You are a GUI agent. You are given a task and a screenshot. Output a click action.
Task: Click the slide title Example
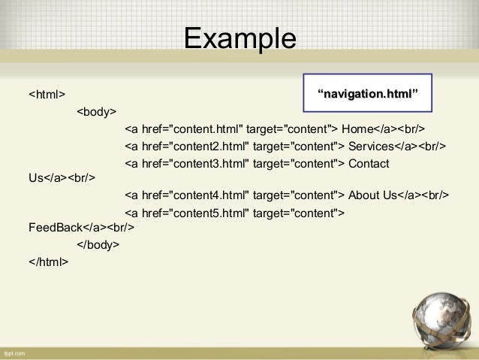point(239,37)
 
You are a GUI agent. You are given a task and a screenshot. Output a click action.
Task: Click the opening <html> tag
point(47,95)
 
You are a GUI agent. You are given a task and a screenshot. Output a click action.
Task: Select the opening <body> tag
point(96,112)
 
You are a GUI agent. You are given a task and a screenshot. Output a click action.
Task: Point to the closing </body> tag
point(98,245)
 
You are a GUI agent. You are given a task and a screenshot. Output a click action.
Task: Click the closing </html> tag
point(48,262)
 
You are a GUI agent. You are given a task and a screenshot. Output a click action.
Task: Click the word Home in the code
point(357,129)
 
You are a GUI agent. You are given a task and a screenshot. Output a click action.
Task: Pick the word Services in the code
point(371,145)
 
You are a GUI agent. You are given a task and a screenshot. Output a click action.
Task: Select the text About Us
point(372,195)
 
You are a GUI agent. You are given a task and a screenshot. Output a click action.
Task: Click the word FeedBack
point(55,226)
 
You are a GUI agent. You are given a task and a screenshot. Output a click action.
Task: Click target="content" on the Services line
point(296,145)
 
